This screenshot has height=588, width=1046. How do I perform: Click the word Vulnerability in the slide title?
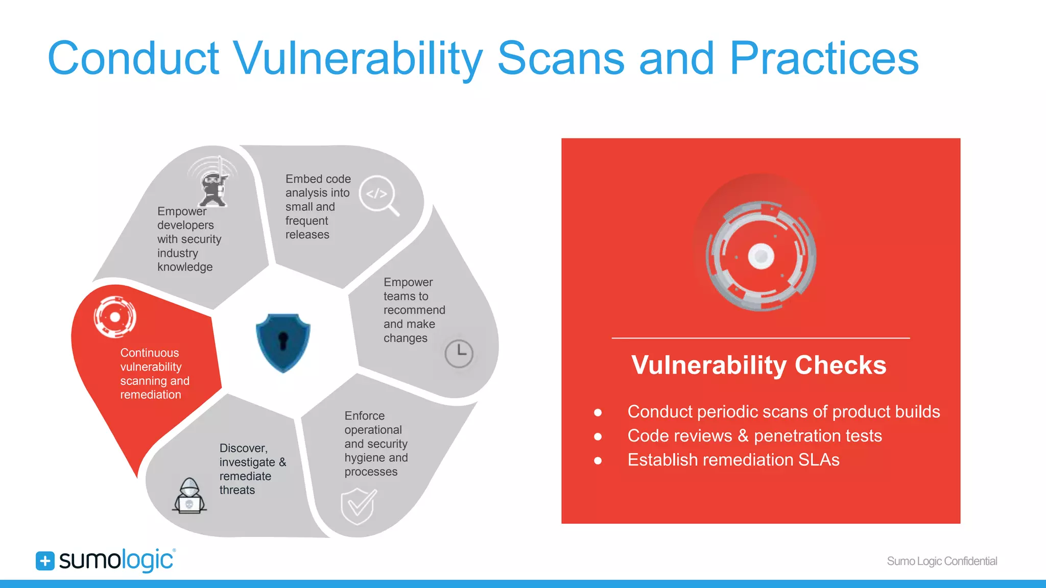[x=358, y=59]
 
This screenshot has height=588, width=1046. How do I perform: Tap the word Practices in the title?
[x=824, y=59]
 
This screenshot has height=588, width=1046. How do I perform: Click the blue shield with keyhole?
[x=283, y=342]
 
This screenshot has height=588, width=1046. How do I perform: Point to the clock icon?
[x=459, y=353]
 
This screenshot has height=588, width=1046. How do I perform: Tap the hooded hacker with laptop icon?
[x=189, y=497]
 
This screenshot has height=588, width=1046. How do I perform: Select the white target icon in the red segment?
[x=115, y=317]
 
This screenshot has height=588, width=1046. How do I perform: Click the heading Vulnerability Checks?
[x=758, y=365]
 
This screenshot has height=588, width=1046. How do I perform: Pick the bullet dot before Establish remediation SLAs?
[x=598, y=460]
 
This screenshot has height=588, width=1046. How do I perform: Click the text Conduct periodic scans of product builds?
[x=783, y=412]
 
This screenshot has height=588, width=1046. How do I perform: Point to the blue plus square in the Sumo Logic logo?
[x=45, y=561]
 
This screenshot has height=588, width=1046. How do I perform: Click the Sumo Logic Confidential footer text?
[x=942, y=561]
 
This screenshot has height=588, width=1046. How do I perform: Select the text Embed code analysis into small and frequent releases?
[x=318, y=207]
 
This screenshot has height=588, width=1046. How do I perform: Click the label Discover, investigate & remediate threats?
[x=252, y=469]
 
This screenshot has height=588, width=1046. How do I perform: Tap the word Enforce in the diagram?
[x=364, y=416]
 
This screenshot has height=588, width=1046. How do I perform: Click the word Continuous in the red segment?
[x=150, y=353]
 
